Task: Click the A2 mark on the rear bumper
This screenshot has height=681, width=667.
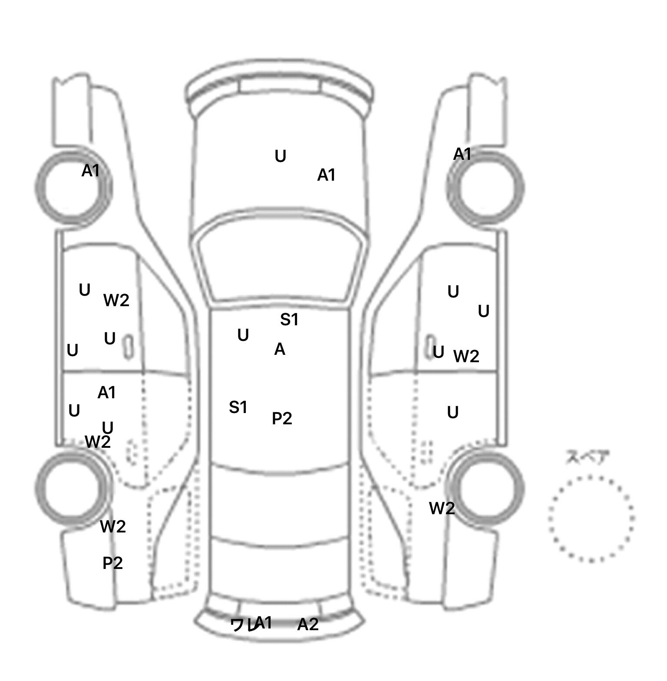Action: (308, 625)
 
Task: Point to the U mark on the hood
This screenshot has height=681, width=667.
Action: (281, 156)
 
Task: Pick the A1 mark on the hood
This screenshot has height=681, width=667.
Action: (326, 175)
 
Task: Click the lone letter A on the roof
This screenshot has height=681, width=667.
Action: (280, 349)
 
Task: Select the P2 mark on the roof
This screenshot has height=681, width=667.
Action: (282, 419)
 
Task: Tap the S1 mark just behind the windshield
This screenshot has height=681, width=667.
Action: (289, 320)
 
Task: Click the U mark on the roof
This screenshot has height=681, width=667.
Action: (243, 335)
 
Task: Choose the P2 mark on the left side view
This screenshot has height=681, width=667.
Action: (112, 563)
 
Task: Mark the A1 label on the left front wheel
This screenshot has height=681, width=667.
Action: (91, 171)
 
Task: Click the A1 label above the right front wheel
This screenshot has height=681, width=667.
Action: (462, 154)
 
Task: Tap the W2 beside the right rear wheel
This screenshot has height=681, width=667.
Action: (442, 508)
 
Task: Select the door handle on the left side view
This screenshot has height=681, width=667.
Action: (129, 347)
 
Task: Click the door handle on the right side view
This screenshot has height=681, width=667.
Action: (430, 346)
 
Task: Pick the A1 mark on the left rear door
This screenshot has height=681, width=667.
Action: (106, 393)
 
